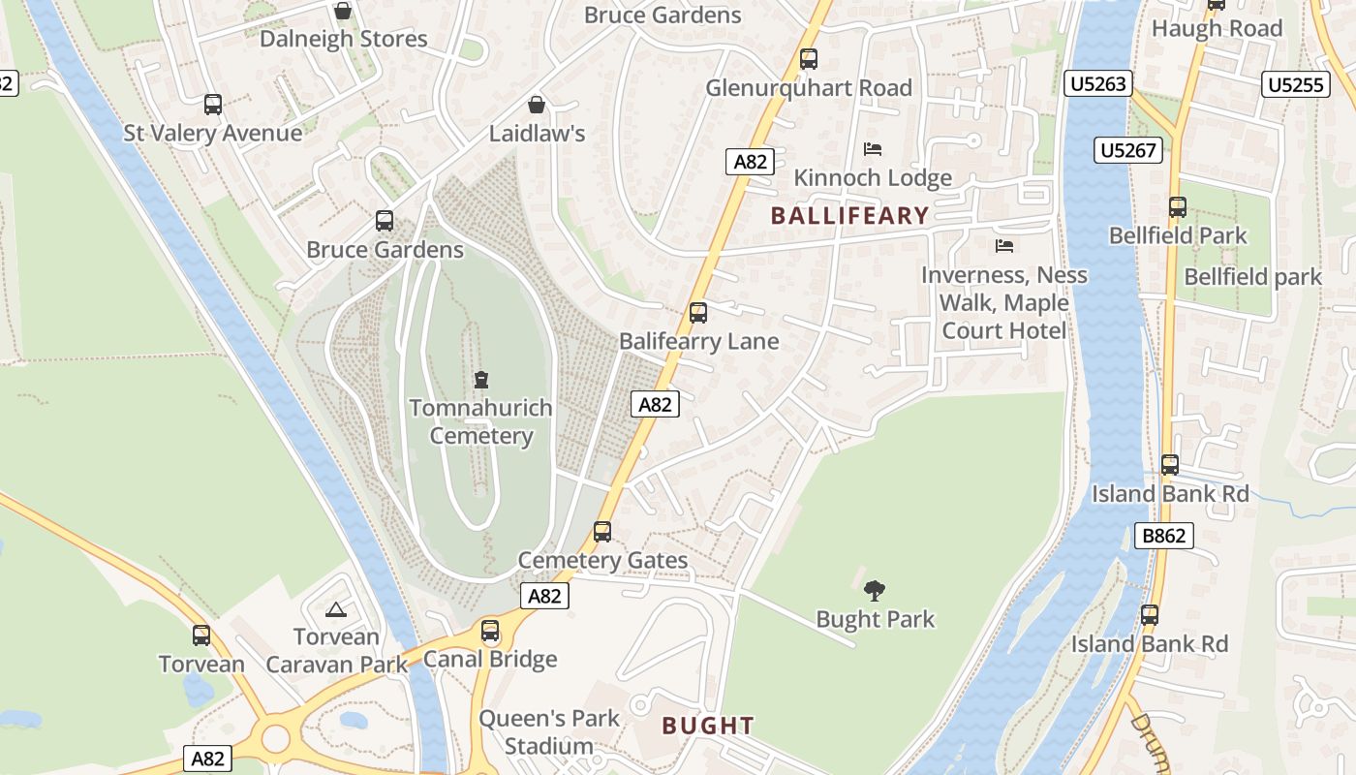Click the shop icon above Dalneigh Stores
[342, 12]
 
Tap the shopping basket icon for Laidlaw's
[537, 105]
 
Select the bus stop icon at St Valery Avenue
[213, 105]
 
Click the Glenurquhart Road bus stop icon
[809, 59]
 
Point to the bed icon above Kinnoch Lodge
[873, 149]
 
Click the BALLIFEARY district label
[849, 216]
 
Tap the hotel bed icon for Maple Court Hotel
[1004, 246]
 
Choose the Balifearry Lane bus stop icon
[698, 313]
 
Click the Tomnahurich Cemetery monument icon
[481, 379]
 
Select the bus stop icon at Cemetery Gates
[602, 532]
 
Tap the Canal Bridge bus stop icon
[491, 631]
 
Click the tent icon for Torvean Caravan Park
[336, 609]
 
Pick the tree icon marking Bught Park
[875, 590]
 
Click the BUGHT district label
[707, 726]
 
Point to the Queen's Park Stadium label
[549, 732]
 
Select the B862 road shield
[1164, 536]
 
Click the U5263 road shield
[1098, 84]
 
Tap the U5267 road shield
[1128, 150]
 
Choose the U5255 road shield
[1295, 85]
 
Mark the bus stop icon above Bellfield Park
[1178, 206]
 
